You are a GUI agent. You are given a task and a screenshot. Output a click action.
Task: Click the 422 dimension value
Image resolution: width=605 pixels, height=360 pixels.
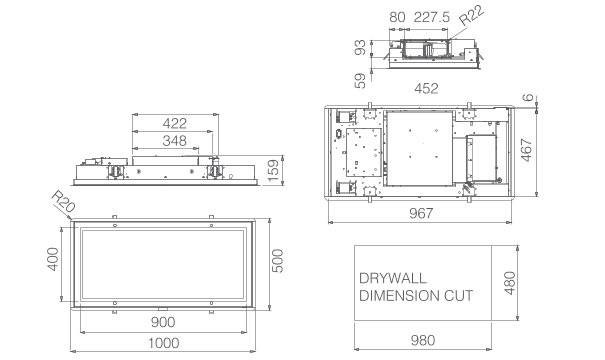coord(174,123)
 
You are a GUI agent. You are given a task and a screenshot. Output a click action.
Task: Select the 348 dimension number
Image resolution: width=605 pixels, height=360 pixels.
coord(174,140)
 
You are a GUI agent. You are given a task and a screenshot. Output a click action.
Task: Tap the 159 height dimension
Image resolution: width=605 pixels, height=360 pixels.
coord(273,171)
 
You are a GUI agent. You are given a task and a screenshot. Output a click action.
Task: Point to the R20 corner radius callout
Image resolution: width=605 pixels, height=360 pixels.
coord(64,201)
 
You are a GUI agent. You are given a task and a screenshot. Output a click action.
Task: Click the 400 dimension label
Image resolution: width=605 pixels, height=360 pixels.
coord(53,259)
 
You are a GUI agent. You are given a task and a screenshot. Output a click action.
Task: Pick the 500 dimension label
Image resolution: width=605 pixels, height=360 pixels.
coord(277,261)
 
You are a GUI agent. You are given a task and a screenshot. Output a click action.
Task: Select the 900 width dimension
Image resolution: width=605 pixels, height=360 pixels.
coord(162,322)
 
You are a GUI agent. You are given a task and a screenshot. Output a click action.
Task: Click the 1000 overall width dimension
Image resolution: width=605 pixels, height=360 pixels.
coord(164,343)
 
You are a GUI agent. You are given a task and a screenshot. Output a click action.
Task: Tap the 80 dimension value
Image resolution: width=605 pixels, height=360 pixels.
coord(397,17)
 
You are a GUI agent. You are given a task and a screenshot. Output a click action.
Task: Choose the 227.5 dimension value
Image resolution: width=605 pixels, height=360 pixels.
coord(431,17)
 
